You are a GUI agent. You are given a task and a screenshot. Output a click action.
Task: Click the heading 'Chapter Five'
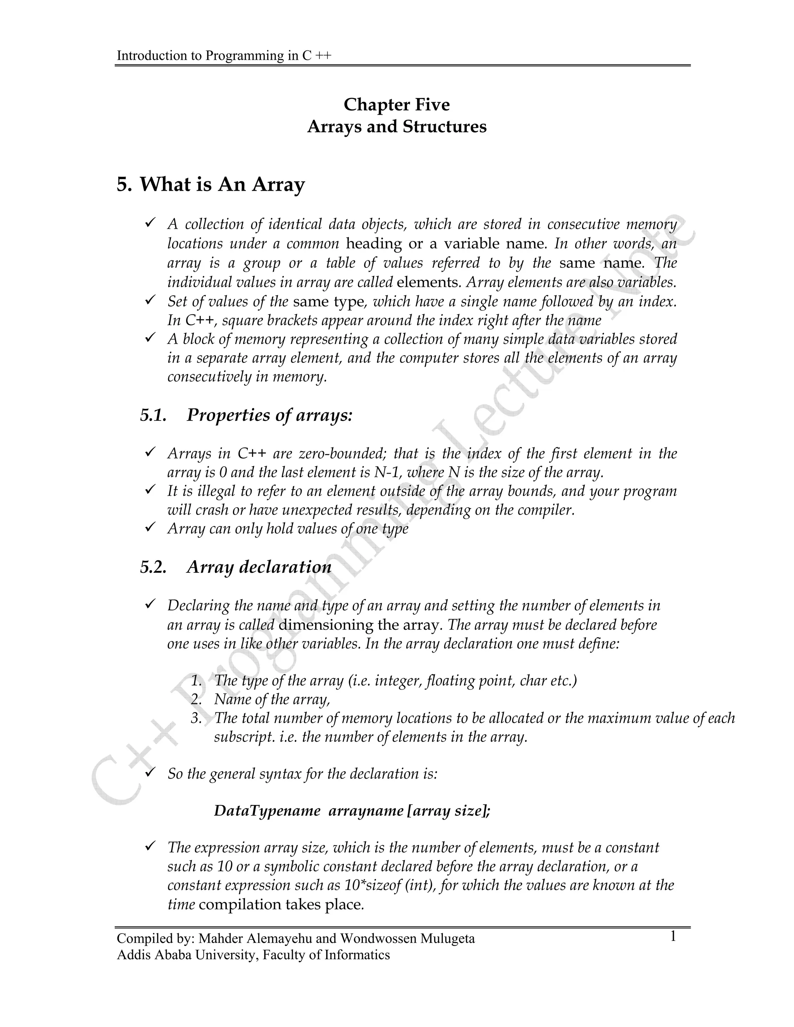pyautogui.click(x=397, y=104)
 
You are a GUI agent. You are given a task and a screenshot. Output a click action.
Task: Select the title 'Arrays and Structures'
pyautogui.click(x=397, y=126)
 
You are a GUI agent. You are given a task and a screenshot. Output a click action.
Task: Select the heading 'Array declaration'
pyautogui.click(x=259, y=567)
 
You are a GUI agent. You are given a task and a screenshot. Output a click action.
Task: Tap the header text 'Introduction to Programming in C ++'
pyautogui.click(x=224, y=55)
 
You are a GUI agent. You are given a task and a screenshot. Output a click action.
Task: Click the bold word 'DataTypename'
pyautogui.click(x=267, y=811)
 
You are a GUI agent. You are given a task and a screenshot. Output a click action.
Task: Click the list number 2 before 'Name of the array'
pyautogui.click(x=196, y=700)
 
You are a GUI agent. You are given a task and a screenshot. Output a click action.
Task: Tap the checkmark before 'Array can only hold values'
pyautogui.click(x=150, y=527)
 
